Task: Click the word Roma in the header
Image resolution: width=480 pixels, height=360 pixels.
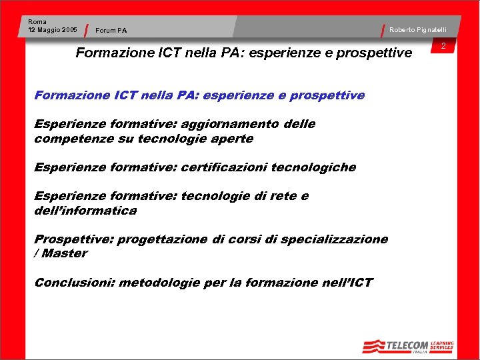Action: pos(37,22)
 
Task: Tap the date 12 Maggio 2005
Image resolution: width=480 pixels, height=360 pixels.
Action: pos(53,30)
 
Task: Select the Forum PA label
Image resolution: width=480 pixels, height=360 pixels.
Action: pos(111,30)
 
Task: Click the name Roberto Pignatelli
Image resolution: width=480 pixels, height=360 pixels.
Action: pos(418,30)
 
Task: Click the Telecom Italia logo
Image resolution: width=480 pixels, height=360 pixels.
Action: pos(395,346)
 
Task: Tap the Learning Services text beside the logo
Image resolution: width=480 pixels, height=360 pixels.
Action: pos(441,345)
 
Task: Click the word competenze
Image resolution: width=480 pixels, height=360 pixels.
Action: pos(75,139)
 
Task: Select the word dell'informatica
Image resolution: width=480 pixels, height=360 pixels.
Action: pos(85,211)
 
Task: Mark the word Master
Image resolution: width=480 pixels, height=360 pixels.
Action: pos(65,253)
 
